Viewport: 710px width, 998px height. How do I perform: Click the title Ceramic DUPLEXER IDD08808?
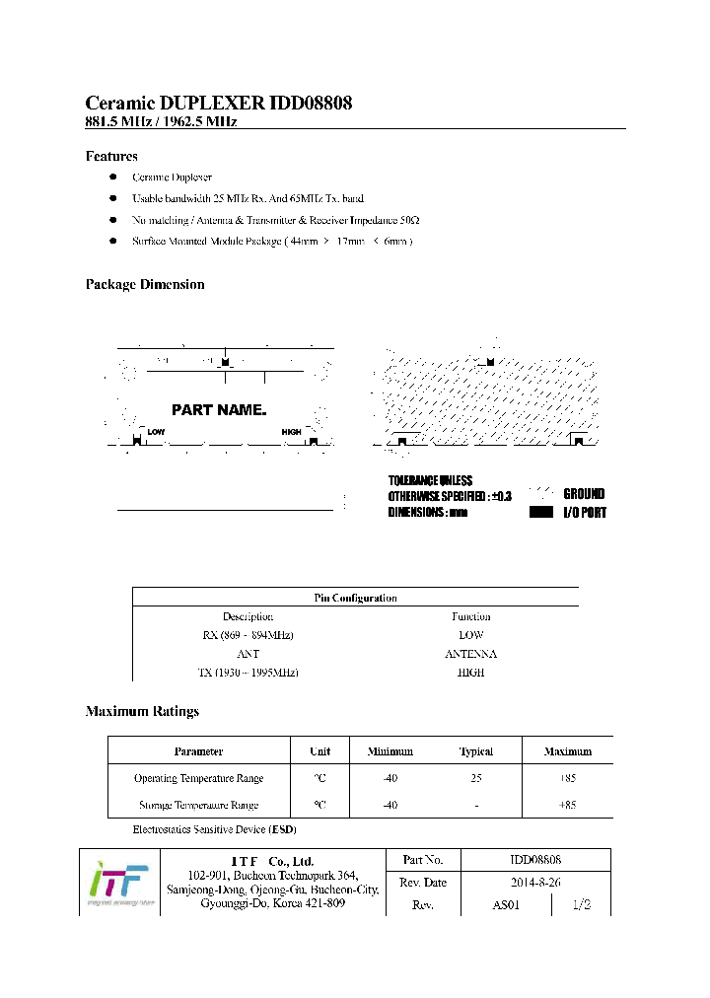pyautogui.click(x=219, y=104)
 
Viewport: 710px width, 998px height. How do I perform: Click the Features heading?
pyautogui.click(x=111, y=156)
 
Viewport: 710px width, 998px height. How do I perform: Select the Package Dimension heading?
pyautogui.click(x=145, y=284)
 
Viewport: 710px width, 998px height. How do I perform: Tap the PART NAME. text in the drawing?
pyautogui.click(x=219, y=409)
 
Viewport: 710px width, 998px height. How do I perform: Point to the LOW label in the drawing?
pyautogui.click(x=156, y=432)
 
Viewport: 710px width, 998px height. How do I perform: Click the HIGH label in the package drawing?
pyautogui.click(x=291, y=432)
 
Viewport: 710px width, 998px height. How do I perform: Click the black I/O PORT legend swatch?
pyautogui.click(x=541, y=513)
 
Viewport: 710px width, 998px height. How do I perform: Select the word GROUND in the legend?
pyautogui.click(x=584, y=494)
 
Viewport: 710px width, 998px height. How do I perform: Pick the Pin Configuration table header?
pyautogui.click(x=355, y=598)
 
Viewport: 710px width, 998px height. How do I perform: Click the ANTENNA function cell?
pyautogui.click(x=470, y=654)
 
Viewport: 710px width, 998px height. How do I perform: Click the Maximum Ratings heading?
pyautogui.click(x=142, y=711)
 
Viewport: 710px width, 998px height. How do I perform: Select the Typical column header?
pyautogui.click(x=475, y=751)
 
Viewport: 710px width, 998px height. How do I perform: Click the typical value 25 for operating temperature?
pyautogui.click(x=475, y=778)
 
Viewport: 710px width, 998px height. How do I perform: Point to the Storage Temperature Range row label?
pyautogui.click(x=198, y=805)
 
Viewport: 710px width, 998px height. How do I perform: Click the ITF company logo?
pyautogui.click(x=119, y=882)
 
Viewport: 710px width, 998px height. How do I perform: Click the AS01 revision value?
pyautogui.click(x=505, y=905)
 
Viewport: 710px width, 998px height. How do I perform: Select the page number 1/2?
pyautogui.click(x=582, y=905)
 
